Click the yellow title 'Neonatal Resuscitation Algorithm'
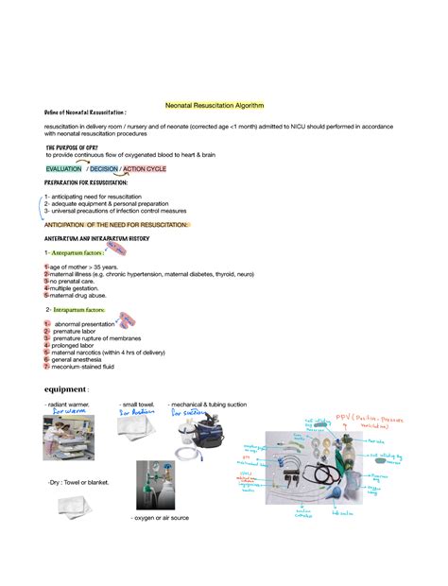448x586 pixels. pyautogui.click(x=215, y=105)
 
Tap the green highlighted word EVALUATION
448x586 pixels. pyautogui.click(x=65, y=169)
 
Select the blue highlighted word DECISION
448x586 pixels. pyautogui.click(x=104, y=169)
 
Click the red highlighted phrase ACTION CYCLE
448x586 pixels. pyautogui.click(x=145, y=169)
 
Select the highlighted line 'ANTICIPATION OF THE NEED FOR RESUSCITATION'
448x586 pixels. pyautogui.click(x=116, y=224)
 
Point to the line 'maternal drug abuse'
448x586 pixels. pyautogui.click(x=81, y=295)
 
